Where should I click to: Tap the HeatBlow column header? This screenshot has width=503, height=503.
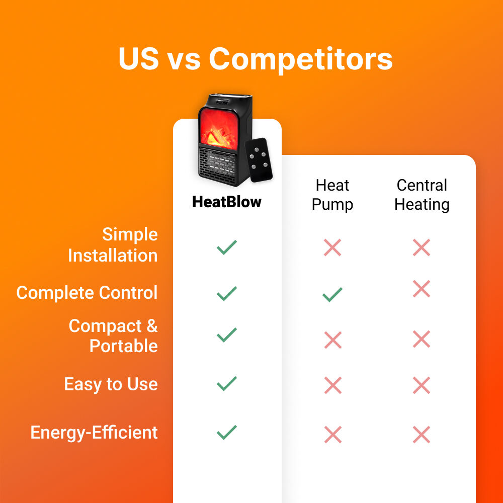point(227,202)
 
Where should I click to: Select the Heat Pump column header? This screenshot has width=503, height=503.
point(332,195)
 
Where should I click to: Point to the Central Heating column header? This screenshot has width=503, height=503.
point(422,195)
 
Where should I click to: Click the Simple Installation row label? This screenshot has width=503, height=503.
point(113,245)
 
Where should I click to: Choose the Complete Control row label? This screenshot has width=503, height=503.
point(87,293)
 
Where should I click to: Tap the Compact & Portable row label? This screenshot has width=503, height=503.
point(113,336)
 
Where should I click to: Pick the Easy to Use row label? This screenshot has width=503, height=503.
point(111,384)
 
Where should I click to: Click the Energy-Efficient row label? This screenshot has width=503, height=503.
point(94,433)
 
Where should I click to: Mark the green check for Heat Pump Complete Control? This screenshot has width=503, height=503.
point(332,295)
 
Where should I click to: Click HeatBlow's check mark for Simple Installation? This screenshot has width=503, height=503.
point(226,247)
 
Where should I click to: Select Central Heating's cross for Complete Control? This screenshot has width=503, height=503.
point(422,289)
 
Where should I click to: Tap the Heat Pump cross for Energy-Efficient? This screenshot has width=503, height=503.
point(332,435)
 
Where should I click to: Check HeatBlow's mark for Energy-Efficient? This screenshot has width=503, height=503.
point(226,433)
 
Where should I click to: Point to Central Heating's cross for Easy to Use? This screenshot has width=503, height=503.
point(422,385)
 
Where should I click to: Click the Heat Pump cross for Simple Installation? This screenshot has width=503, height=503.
point(332,247)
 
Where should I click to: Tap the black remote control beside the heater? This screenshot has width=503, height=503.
point(259,160)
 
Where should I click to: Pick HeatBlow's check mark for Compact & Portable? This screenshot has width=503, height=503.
point(226,335)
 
